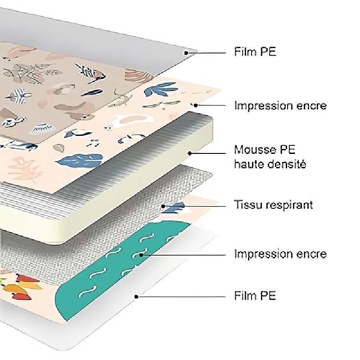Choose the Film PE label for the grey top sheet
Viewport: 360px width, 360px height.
click(255, 52)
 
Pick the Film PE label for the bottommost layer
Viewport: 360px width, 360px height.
click(255, 296)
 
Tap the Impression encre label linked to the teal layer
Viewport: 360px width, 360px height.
click(280, 254)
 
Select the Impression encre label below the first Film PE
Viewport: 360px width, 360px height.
click(280, 106)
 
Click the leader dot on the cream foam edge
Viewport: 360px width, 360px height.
click(190, 153)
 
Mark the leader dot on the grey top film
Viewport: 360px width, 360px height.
click(185, 53)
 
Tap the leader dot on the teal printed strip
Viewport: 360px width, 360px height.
click(141, 255)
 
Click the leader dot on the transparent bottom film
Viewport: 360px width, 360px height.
click(136, 296)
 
